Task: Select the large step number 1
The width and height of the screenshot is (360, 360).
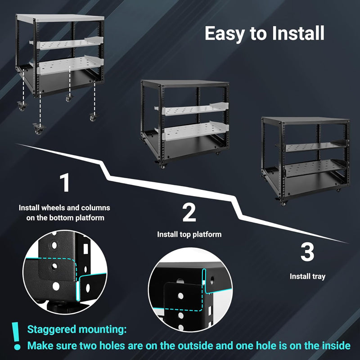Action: pos(66,183)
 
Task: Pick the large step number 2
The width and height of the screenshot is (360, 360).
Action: pos(189,212)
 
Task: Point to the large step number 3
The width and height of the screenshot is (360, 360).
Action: pos(307,252)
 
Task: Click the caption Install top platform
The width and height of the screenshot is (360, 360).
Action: pos(189,234)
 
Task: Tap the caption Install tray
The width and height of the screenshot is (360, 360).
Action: pos(307,276)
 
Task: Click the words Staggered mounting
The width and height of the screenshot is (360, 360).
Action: pos(76,329)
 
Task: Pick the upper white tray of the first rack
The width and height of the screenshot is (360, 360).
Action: pos(67,45)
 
